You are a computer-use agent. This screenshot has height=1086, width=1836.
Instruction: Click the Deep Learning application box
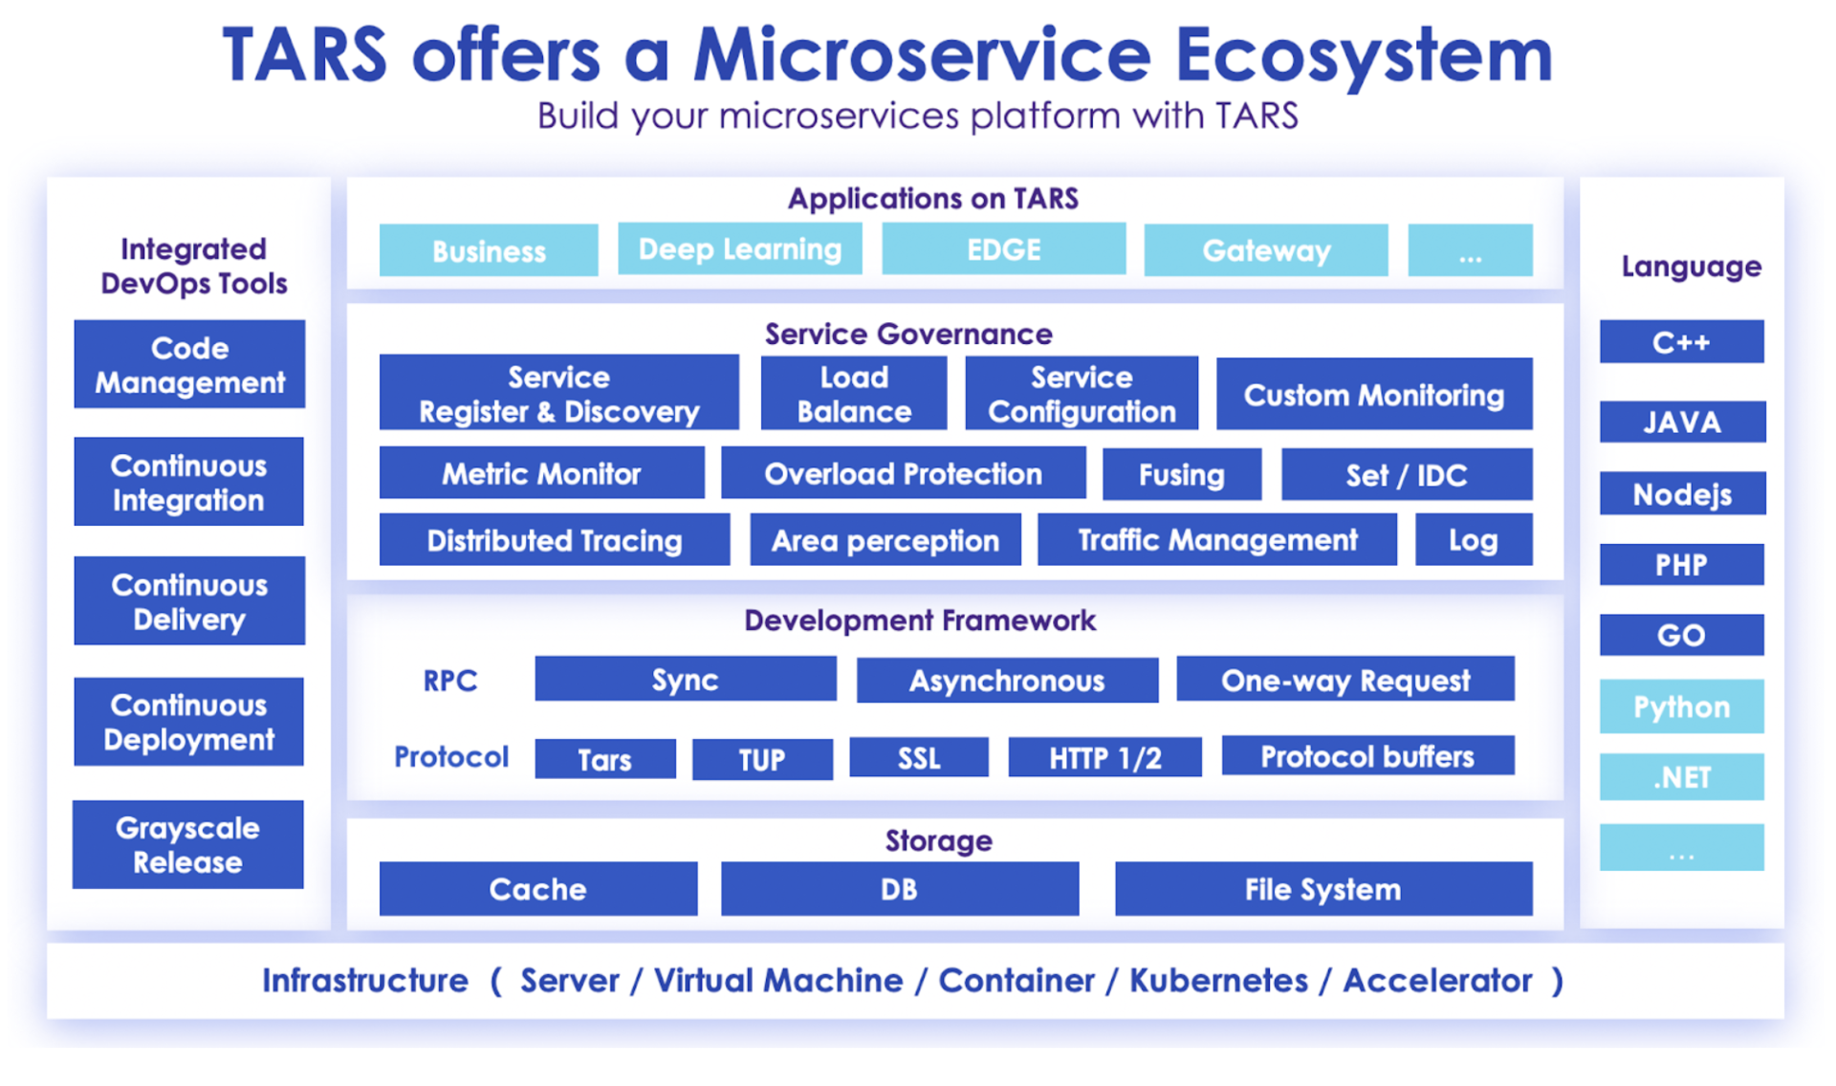click(x=739, y=250)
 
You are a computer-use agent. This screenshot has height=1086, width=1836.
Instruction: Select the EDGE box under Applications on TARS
click(x=1003, y=250)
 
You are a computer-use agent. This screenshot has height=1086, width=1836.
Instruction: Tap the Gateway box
click(x=1265, y=250)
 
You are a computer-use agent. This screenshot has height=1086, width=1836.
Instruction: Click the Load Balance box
click(x=854, y=394)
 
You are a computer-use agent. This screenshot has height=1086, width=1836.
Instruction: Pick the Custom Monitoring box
click(x=1373, y=395)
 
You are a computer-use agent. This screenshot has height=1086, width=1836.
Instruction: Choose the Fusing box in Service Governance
click(x=1181, y=474)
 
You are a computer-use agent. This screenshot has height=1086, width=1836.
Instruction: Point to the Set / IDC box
click(x=1406, y=474)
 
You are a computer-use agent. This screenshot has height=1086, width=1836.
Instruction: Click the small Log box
click(x=1473, y=540)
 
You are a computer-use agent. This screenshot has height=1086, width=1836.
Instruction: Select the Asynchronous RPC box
click(x=1006, y=680)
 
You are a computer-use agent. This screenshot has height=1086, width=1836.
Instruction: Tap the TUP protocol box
click(x=761, y=759)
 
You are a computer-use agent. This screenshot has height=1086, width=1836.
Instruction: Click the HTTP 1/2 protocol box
click(x=1104, y=758)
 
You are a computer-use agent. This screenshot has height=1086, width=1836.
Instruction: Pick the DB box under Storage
click(x=899, y=889)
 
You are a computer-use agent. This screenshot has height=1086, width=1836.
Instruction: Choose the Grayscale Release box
click(x=188, y=845)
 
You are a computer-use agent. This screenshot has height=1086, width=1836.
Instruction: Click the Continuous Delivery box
click(x=189, y=601)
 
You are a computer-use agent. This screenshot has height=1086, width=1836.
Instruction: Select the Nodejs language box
click(x=1681, y=494)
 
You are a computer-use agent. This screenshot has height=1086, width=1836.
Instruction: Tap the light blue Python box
click(x=1681, y=706)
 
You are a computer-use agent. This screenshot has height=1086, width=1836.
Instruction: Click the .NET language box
click(x=1681, y=777)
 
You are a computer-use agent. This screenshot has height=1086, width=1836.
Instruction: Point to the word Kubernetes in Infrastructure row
click(x=1218, y=981)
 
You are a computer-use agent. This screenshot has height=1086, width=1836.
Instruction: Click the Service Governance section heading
click(x=907, y=334)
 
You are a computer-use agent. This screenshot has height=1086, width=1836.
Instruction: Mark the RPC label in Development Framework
click(x=449, y=681)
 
